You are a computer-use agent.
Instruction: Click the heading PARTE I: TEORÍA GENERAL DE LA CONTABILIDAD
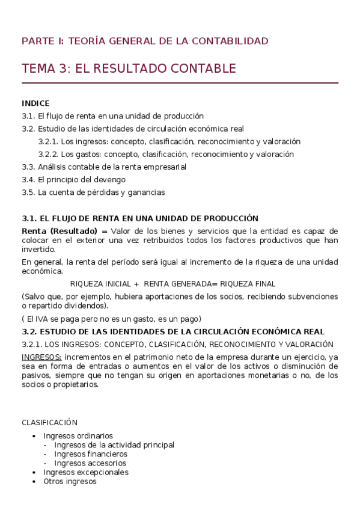tap(145, 41)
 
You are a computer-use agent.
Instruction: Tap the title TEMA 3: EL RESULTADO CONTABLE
tap(129, 69)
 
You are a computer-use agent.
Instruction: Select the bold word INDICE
tap(35, 103)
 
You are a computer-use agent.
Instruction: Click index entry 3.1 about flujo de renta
tap(112, 116)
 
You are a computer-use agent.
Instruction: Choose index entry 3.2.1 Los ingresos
tap(169, 141)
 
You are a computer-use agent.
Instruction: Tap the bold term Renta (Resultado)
tap(59, 232)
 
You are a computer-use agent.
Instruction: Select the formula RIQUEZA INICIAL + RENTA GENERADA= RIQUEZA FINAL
tap(173, 284)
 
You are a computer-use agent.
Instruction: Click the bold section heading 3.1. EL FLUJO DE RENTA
tap(139, 218)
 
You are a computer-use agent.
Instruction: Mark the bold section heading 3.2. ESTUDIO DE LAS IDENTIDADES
tap(173, 331)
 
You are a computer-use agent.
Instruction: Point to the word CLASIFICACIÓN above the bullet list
tap(49, 423)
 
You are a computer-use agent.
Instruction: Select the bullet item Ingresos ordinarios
tap(78, 435)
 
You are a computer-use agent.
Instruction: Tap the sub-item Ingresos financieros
tap(90, 454)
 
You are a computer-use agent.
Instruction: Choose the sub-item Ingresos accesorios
tap(90, 463)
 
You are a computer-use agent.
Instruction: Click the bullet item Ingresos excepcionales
tap(86, 472)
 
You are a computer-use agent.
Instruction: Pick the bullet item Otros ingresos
tap(70, 481)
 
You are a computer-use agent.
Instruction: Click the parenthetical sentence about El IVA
tap(111, 319)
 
